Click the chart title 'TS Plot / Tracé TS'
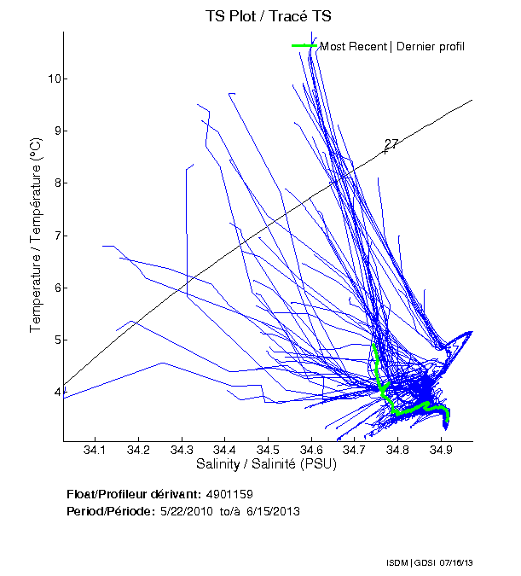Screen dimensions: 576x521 (x=268, y=16)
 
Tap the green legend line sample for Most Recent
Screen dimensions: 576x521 (x=304, y=45)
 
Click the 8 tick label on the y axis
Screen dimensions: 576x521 (x=53, y=183)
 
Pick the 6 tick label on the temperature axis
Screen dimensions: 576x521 (x=53, y=288)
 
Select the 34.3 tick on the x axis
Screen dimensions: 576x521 (x=182, y=449)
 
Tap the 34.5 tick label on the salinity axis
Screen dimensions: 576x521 (x=268, y=449)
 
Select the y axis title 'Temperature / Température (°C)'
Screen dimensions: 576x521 (x=36, y=236)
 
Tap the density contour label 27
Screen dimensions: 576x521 (x=392, y=143)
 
